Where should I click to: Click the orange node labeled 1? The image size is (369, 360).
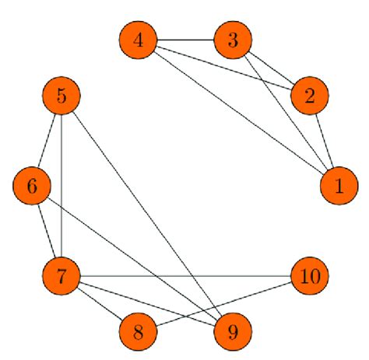point(339,187)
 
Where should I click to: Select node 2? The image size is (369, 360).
point(310,96)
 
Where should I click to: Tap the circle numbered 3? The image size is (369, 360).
point(233,40)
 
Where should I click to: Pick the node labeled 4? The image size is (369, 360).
point(139,40)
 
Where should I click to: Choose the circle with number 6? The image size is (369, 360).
point(32,187)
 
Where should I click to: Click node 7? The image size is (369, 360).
point(61,276)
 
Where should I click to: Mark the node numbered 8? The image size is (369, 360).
point(139,332)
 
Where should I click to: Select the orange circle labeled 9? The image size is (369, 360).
point(233,332)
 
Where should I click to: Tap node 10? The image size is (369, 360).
point(310,276)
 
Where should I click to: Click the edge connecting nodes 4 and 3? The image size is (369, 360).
point(185,40)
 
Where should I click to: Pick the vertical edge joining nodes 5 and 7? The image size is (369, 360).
point(61,187)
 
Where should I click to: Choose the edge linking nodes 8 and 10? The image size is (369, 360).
point(224,304)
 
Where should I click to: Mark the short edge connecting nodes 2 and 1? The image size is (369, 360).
point(324,142)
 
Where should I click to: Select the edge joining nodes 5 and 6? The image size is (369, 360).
point(47,142)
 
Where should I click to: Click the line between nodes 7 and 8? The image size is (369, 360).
point(100,304)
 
